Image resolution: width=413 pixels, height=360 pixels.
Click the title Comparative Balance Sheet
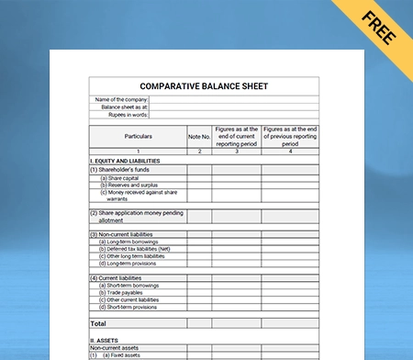tap(204, 86)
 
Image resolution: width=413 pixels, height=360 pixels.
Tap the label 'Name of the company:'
tap(121, 99)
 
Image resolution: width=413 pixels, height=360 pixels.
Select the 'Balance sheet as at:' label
tap(125, 107)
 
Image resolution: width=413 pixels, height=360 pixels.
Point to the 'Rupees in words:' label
tap(128, 114)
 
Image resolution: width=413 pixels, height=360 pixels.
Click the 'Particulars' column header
tap(138, 136)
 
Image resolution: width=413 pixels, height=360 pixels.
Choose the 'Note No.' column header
tap(199, 137)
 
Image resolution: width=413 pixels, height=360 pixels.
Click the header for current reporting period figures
tap(237, 136)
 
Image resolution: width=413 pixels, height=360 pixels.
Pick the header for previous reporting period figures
tap(290, 136)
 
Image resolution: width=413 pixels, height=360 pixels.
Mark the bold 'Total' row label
tap(98, 323)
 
